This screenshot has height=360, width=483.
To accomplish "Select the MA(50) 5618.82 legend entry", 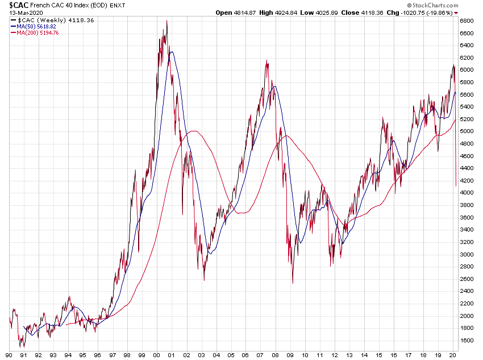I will coord(39,26).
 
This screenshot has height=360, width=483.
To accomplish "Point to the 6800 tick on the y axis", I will coord(467,20).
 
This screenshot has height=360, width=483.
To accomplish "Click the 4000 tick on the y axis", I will coord(467,193).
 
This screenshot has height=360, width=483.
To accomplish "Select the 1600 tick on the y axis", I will coord(467,341).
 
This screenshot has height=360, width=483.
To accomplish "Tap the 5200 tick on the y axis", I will coord(467,119).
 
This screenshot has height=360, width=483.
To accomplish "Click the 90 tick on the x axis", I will coord(10,354).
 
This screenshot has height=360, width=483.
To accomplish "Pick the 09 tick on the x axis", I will coord(290,354).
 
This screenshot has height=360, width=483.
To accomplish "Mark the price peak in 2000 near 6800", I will coord(166,21).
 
